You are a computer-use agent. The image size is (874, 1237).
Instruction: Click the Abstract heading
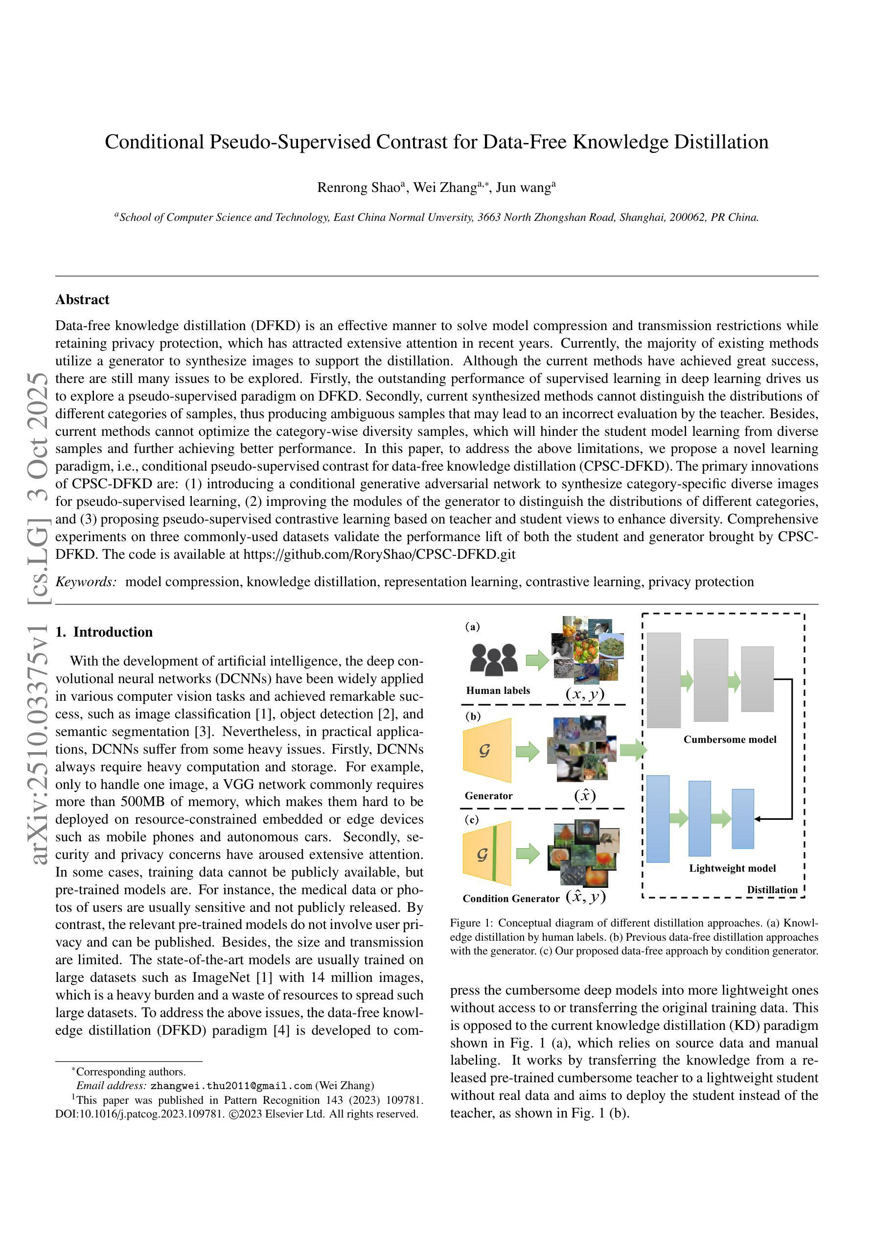(x=82, y=300)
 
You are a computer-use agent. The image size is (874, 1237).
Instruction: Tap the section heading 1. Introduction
(x=104, y=632)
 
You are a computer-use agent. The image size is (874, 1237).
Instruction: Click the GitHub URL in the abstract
(x=379, y=554)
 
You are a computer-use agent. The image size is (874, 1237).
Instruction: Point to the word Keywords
(x=86, y=582)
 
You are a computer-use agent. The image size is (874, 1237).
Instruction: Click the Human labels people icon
(x=493, y=659)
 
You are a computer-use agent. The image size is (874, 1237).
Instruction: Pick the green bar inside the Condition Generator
(x=494, y=854)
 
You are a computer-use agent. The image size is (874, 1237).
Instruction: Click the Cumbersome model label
(x=730, y=740)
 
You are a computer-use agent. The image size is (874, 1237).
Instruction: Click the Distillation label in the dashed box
(x=772, y=890)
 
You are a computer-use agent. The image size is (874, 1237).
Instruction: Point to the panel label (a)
(x=472, y=627)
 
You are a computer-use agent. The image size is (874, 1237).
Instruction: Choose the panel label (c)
(x=472, y=819)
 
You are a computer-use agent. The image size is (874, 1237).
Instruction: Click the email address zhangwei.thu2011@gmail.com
(x=231, y=1086)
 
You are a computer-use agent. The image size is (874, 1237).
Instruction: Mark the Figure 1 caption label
(x=468, y=923)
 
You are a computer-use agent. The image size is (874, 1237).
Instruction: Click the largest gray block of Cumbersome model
(x=664, y=680)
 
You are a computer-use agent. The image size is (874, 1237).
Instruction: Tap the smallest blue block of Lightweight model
(x=742, y=818)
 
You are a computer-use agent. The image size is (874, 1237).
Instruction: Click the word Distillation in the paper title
(x=721, y=142)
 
